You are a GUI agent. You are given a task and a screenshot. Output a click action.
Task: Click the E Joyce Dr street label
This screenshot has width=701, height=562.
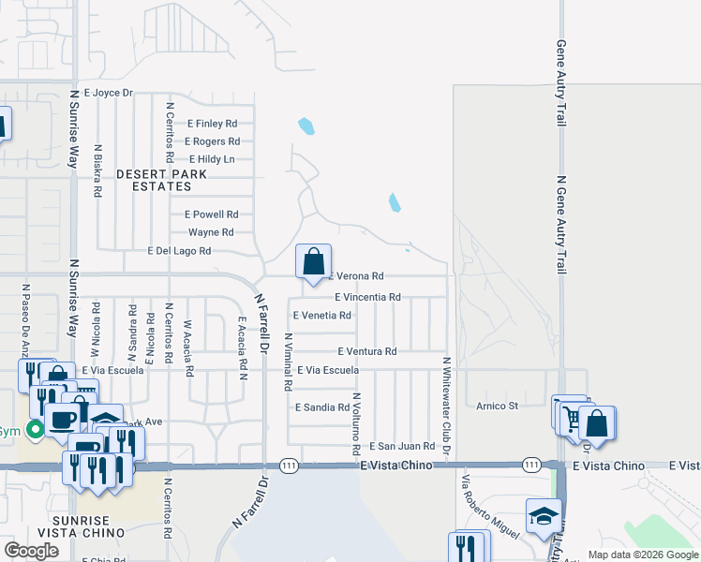110,93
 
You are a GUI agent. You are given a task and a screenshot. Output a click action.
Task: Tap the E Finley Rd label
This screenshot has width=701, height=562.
213,124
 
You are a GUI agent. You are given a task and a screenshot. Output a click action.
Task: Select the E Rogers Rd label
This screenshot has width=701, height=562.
212,141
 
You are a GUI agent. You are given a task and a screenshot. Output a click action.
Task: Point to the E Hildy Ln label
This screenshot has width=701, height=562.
212,159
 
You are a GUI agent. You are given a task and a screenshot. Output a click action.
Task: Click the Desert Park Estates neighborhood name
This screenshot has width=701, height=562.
155,181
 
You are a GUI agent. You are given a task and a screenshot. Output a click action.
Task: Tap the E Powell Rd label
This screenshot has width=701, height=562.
211,214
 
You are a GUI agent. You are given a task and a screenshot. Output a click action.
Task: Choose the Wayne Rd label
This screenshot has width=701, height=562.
211,232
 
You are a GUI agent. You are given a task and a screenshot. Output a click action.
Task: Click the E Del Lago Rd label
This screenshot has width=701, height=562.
180,251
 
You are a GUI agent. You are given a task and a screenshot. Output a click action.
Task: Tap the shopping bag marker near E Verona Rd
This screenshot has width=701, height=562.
313,260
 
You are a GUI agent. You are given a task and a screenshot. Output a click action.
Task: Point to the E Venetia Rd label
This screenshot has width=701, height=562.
322,316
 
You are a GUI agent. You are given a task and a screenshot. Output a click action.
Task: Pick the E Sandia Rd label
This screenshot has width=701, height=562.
321,407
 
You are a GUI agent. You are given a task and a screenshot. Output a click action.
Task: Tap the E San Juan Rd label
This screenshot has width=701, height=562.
402,447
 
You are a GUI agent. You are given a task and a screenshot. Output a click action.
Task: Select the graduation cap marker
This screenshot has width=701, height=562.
544,516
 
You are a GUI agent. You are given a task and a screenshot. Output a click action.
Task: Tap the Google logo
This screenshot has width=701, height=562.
31,550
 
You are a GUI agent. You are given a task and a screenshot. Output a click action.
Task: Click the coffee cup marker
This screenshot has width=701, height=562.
63,418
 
